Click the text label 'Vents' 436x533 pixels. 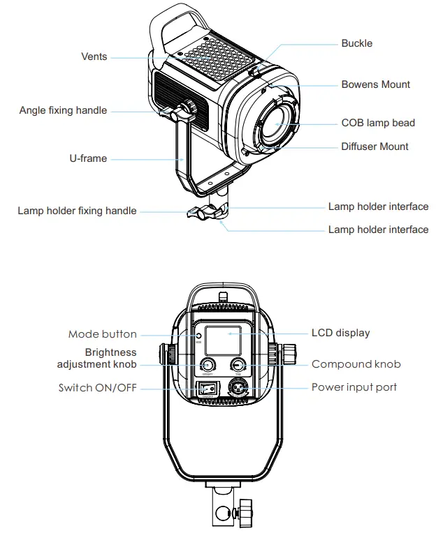click(94, 56)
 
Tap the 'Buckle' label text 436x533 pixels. click(356, 43)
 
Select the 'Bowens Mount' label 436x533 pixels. click(375, 84)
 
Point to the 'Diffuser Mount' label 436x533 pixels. click(375, 147)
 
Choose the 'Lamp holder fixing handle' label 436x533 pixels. click(77, 211)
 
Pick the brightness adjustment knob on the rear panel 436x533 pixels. click(208, 366)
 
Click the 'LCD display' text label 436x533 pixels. click(340, 333)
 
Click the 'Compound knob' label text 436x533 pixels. click(356, 364)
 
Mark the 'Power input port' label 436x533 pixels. click(354, 387)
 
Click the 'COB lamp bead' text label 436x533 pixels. click(377, 123)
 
